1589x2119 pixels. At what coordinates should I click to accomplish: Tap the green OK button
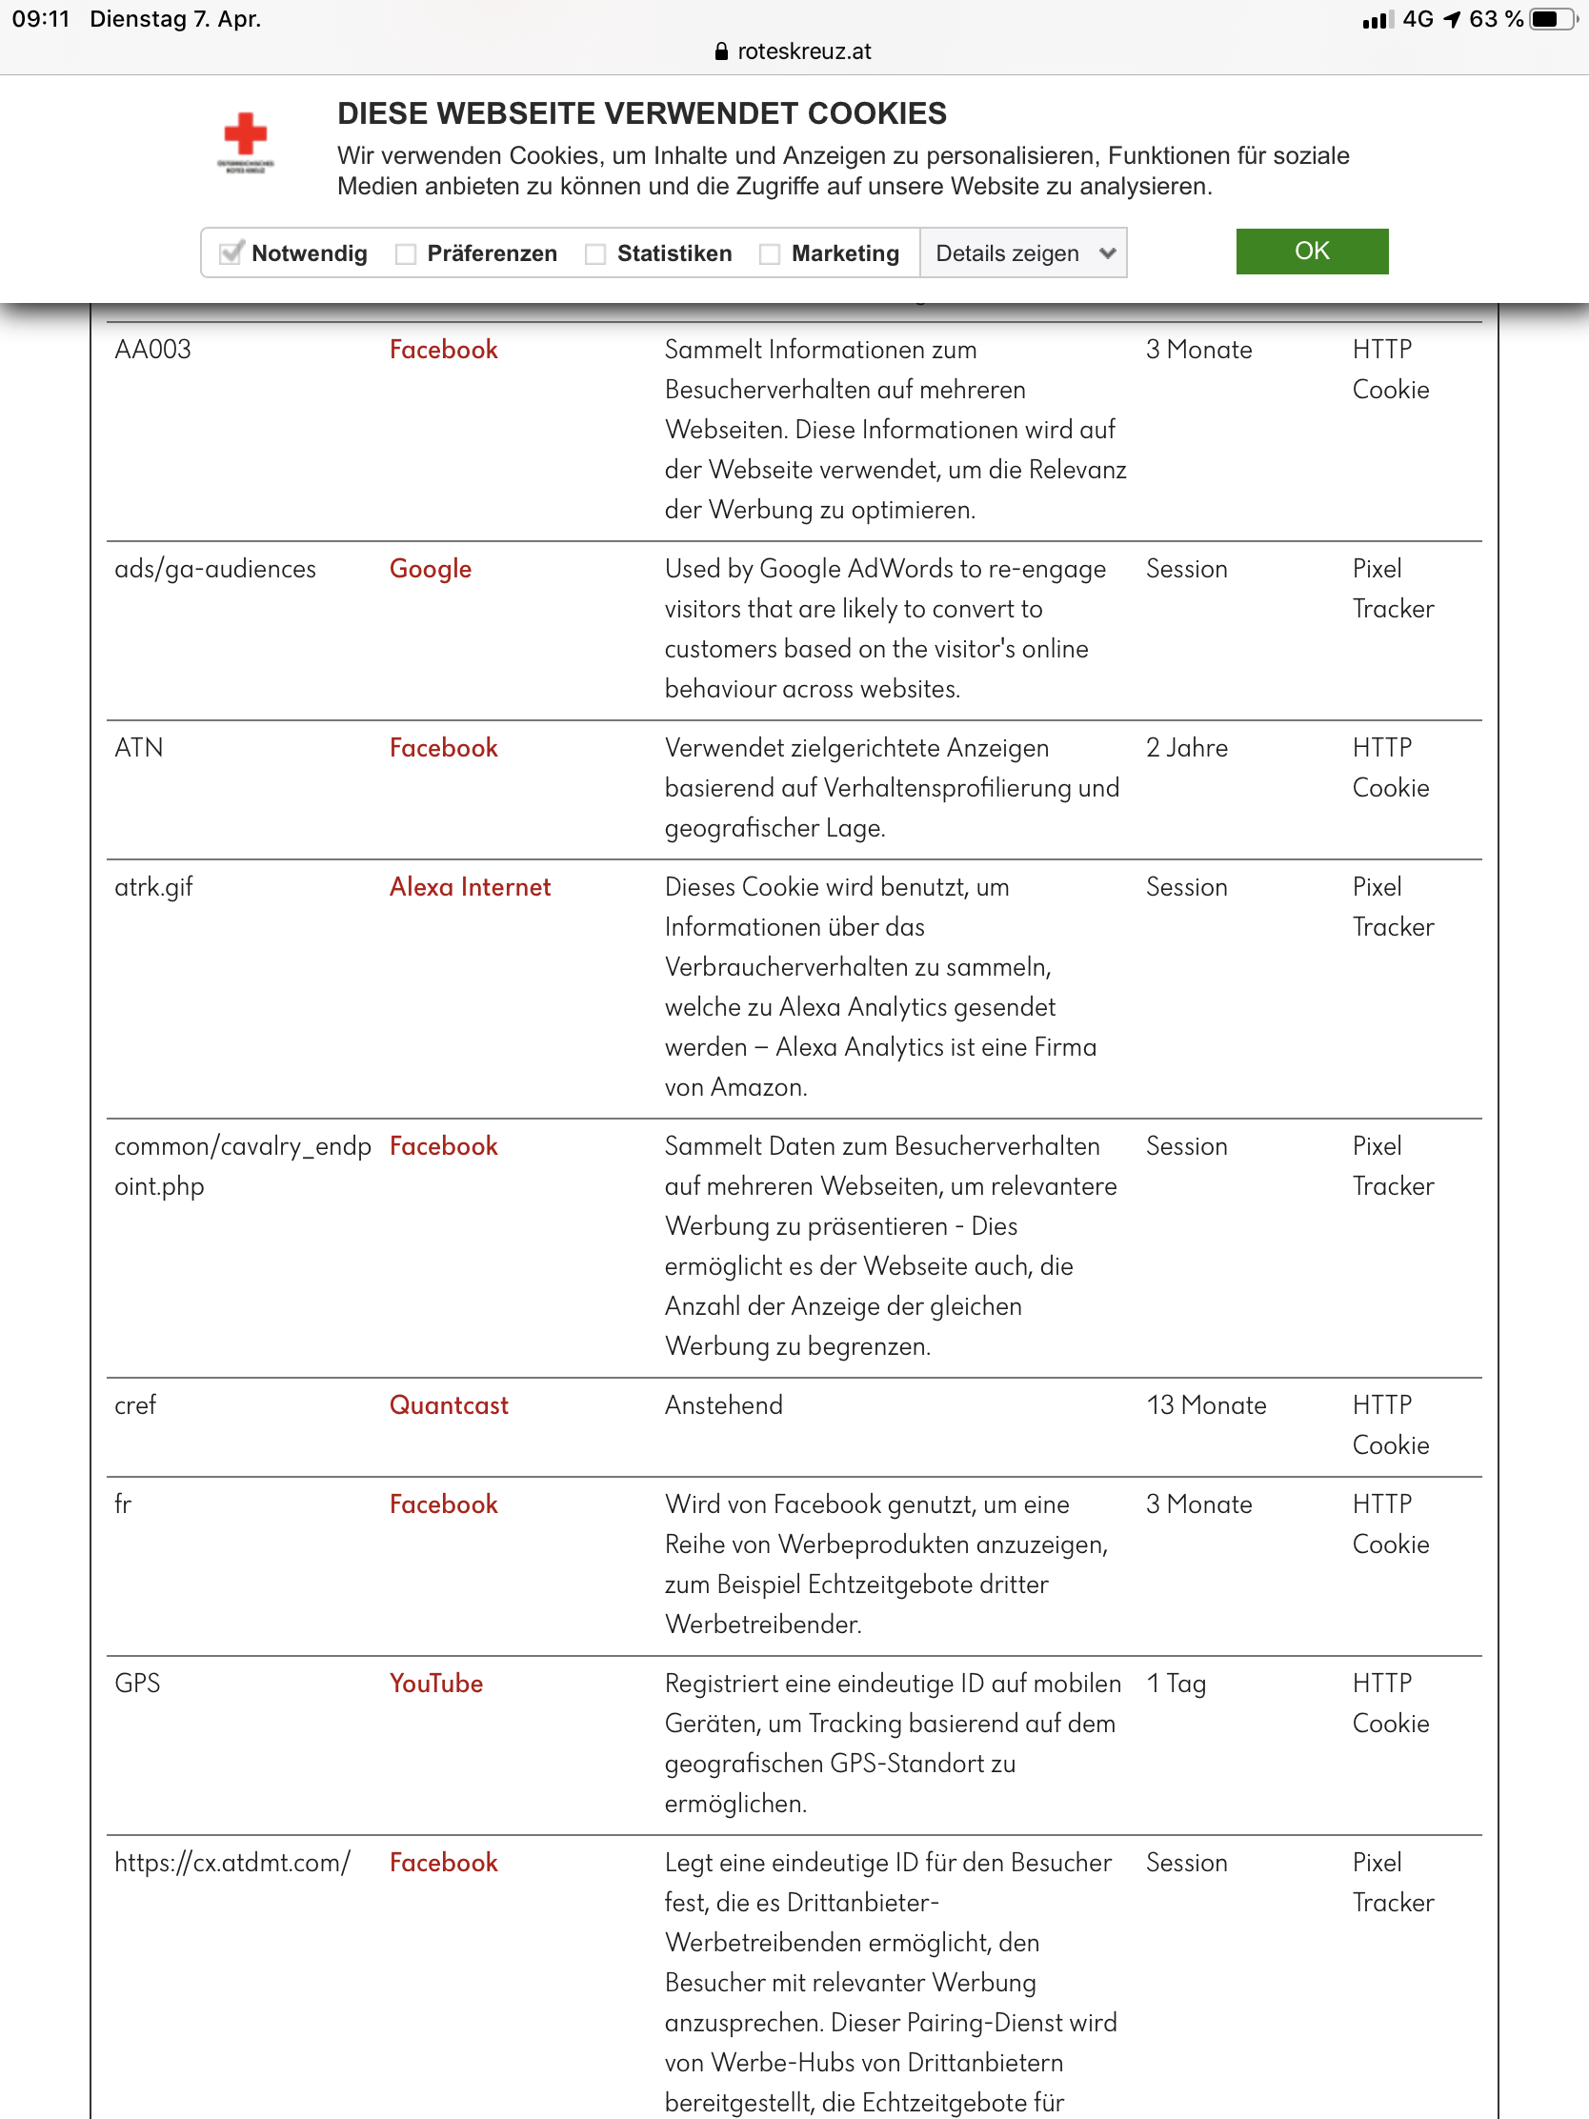pos(1311,251)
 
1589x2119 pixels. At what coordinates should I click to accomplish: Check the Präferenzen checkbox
pos(406,253)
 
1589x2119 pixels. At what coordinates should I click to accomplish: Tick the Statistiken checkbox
pos(595,253)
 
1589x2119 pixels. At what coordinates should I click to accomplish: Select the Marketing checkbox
pos(769,253)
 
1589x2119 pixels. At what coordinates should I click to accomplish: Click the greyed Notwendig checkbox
pos(231,252)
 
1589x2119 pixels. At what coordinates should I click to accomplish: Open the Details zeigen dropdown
pos(1023,253)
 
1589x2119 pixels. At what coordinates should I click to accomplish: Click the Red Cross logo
pos(245,140)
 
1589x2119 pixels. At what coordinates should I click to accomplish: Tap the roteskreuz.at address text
pos(804,51)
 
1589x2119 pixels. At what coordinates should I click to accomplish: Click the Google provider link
pos(430,569)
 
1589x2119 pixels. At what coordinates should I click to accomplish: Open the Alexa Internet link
pos(470,887)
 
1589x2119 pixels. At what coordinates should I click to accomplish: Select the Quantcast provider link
pos(449,1405)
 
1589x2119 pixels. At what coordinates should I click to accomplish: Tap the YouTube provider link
pos(435,1684)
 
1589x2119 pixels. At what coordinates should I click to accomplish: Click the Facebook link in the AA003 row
pos(444,350)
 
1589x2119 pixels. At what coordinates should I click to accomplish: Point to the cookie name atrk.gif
pos(153,887)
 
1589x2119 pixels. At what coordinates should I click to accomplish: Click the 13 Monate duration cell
pos(1206,1405)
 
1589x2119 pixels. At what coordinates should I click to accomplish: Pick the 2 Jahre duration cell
pos(1187,748)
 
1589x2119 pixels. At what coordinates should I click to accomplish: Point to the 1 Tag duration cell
pos(1177,1684)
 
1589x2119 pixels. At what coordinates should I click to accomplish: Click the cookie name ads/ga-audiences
pos(215,569)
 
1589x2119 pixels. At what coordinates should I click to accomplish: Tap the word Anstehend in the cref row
pos(723,1405)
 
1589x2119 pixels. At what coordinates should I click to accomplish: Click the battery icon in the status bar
pos(1552,19)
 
